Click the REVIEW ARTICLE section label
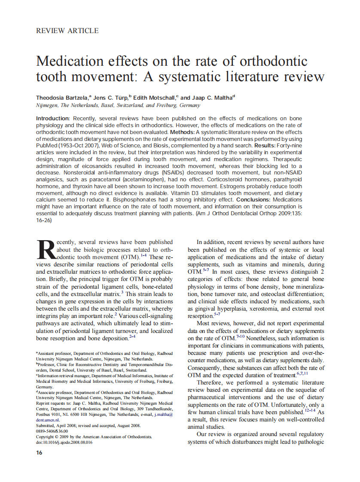[x=67, y=31]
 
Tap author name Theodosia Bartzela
[x=61, y=98]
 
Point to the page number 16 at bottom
[x=39, y=453]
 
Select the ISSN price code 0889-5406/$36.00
[x=52, y=431]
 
